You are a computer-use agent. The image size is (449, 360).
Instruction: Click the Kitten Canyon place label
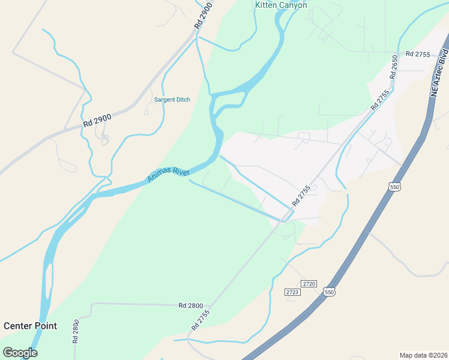click(281, 5)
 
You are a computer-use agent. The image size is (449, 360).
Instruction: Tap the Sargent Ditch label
click(172, 100)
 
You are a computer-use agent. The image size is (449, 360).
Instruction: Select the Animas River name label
click(169, 175)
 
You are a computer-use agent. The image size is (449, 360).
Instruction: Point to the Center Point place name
click(30, 326)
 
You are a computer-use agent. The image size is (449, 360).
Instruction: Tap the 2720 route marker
click(309, 283)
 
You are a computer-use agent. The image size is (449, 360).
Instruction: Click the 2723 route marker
click(292, 292)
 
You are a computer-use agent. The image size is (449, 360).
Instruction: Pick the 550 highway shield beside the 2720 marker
click(328, 292)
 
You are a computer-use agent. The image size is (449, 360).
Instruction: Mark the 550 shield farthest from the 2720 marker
click(394, 187)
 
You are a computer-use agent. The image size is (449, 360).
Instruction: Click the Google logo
click(20, 352)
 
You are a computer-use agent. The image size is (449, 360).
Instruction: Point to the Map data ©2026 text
click(423, 355)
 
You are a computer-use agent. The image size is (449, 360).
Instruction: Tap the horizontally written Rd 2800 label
click(190, 305)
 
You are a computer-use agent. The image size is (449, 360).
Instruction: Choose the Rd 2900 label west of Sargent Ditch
click(97, 120)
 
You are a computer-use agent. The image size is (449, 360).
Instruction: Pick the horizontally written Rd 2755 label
click(418, 54)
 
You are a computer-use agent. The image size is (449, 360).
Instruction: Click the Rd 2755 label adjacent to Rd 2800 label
click(200, 319)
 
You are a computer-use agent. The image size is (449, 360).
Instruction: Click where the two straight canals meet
click(283, 220)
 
